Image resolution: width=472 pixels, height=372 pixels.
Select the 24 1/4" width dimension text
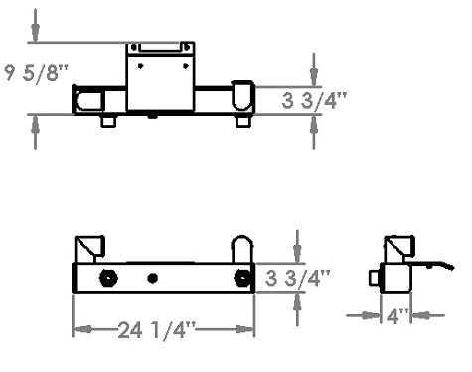click(160, 330)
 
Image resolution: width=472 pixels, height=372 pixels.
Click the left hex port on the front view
click(107, 277)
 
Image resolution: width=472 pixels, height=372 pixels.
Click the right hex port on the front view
click(240, 277)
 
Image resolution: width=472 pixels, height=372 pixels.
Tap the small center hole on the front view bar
click(152, 278)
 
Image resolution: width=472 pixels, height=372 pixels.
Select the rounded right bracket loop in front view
click(241, 249)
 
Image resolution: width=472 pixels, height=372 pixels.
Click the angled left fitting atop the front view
click(92, 247)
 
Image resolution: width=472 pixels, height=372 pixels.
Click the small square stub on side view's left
click(375, 278)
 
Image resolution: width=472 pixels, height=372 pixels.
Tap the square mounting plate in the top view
click(159, 77)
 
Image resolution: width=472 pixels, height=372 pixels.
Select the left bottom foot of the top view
click(107, 121)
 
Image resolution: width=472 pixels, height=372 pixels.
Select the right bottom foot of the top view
click(241, 121)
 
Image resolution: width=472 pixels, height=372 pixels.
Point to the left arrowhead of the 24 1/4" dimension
click(79, 330)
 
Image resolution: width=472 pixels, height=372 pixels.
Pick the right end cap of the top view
click(242, 96)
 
